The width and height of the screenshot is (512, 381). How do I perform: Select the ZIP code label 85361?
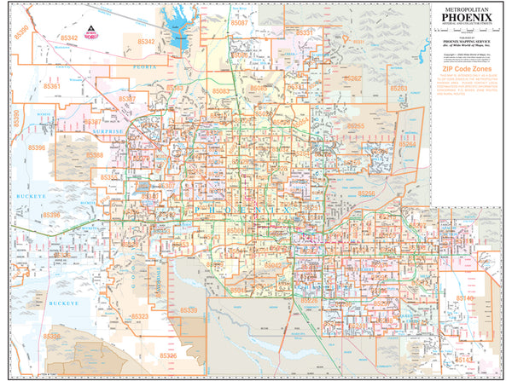click(x=53, y=87)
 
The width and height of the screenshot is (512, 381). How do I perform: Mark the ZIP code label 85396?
click(x=50, y=216)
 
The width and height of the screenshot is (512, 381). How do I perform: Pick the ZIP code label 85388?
click(x=95, y=155)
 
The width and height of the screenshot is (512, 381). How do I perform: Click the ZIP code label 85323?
click(x=139, y=316)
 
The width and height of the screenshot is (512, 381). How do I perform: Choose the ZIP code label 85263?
click(x=399, y=88)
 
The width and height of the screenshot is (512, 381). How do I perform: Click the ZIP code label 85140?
click(x=468, y=298)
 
